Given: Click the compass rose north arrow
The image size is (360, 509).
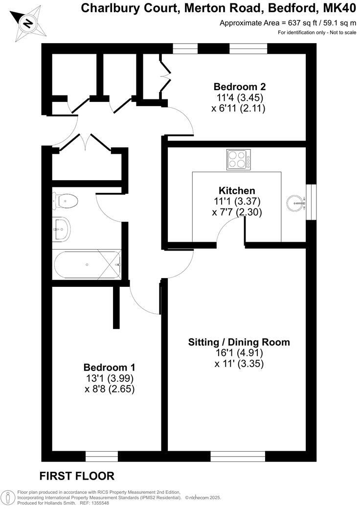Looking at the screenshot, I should [29, 23].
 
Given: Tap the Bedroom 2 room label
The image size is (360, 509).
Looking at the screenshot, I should [239, 87].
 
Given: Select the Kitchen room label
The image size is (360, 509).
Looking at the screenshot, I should [237, 190].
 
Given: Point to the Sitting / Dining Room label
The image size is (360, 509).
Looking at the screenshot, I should [239, 342].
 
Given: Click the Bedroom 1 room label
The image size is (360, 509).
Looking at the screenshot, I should [109, 368].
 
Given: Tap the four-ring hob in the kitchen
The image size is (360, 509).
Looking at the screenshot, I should [239, 160].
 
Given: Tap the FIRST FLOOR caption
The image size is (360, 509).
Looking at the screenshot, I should [77, 476].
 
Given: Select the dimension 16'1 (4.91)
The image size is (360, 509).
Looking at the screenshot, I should [239, 353].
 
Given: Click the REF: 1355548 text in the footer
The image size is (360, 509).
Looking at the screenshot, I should [95, 503].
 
